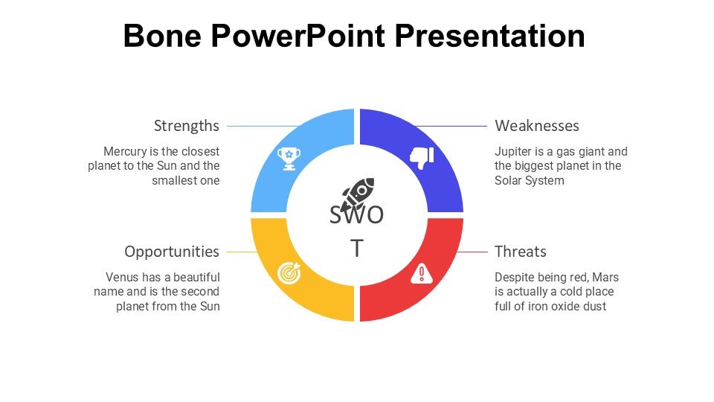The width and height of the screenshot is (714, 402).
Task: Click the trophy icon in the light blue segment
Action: click(x=289, y=158)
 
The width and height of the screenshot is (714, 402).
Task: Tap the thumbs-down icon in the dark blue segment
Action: click(x=422, y=158)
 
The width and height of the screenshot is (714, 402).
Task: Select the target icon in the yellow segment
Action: click(x=289, y=273)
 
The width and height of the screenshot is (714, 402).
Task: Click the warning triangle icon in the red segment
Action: click(x=422, y=273)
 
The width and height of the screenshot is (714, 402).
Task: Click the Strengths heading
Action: click(x=186, y=126)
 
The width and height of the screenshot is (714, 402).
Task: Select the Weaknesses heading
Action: click(x=537, y=126)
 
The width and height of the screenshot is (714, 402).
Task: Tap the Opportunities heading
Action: click(x=172, y=252)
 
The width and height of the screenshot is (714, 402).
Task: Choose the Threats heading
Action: click(x=521, y=252)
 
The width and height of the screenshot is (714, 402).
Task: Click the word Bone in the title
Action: click(x=162, y=36)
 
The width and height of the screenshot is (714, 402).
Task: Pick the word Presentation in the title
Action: click(x=489, y=36)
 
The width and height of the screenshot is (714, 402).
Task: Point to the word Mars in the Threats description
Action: click(x=605, y=277)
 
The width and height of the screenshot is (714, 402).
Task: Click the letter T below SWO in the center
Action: click(x=357, y=249)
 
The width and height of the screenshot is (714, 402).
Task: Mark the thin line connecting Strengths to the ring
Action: click(x=263, y=127)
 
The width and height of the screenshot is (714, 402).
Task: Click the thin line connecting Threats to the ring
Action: click(x=472, y=252)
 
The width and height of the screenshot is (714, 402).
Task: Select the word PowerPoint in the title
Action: click(x=297, y=36)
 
